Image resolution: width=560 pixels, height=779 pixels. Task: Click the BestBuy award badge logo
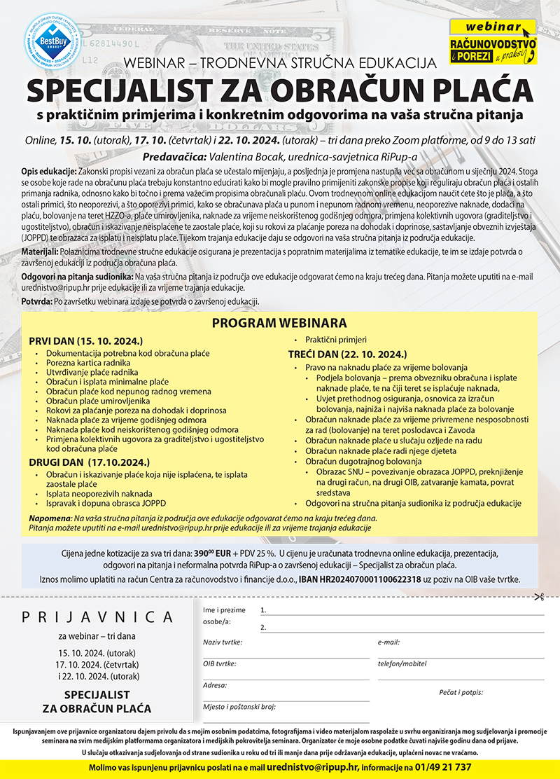pos(53,41)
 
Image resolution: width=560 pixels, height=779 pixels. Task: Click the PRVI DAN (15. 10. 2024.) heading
pos(85,340)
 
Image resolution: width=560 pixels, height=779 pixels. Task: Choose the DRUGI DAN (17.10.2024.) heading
pos(89,462)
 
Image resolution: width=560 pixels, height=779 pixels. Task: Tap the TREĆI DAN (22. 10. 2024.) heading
pos(347,354)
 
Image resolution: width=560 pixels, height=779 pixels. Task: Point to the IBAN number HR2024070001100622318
pos(360,580)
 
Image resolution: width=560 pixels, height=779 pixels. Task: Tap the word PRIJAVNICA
pos(97,616)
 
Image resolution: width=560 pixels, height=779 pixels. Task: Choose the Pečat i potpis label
pos(461,692)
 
